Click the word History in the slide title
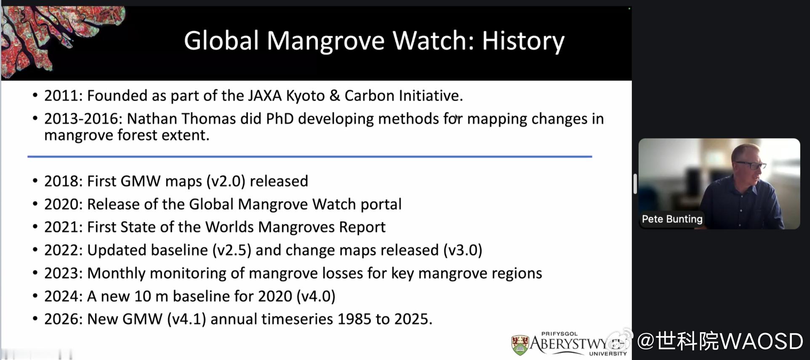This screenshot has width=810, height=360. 523,41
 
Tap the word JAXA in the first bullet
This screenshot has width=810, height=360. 264,96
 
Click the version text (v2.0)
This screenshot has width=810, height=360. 226,181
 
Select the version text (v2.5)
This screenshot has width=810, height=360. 232,250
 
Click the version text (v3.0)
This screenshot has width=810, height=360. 463,250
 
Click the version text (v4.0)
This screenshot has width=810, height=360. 316,296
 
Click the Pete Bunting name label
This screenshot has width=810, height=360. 672,219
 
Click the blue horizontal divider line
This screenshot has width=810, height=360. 310,157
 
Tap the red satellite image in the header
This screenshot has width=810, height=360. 59,38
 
